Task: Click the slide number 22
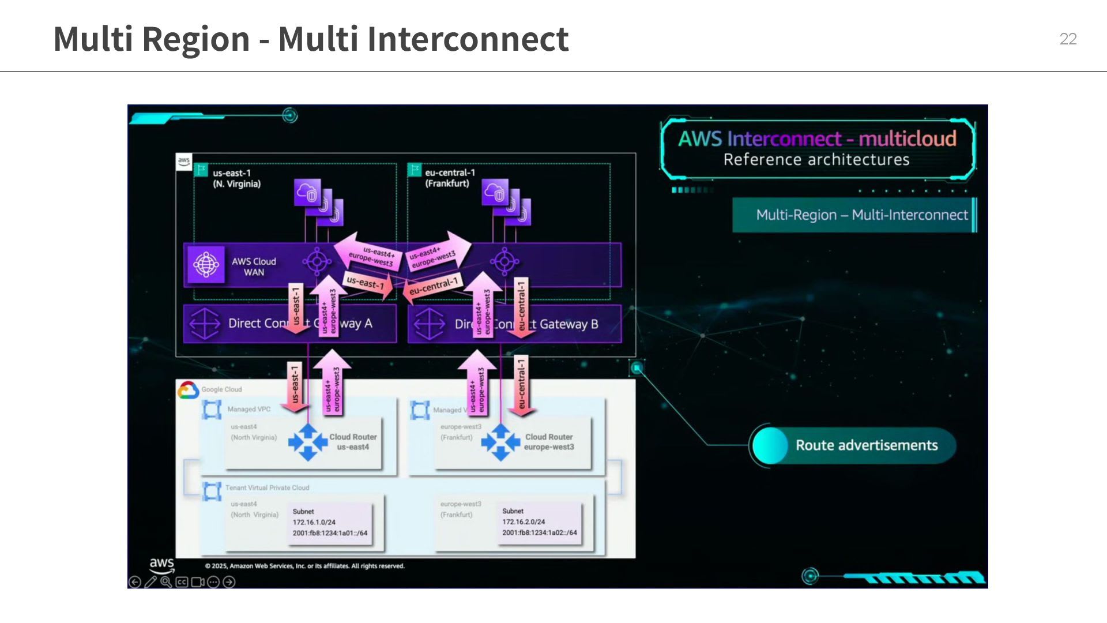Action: click(1068, 39)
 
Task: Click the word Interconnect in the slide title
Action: click(468, 39)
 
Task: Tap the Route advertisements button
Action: click(853, 445)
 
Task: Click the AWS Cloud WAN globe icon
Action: click(206, 264)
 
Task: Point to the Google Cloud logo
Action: click(188, 390)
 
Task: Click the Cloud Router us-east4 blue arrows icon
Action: click(307, 442)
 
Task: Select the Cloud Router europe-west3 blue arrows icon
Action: click(500, 442)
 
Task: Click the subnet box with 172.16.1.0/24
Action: click(329, 523)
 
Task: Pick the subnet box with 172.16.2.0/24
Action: click(539, 523)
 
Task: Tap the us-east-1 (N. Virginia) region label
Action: click(236, 178)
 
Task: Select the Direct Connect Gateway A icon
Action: click(205, 324)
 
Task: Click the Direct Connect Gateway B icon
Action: click(429, 324)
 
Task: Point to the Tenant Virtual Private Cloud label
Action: click(267, 488)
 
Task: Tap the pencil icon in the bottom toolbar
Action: click(150, 582)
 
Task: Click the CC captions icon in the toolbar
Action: click(182, 582)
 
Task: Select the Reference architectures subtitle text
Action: click(816, 160)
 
